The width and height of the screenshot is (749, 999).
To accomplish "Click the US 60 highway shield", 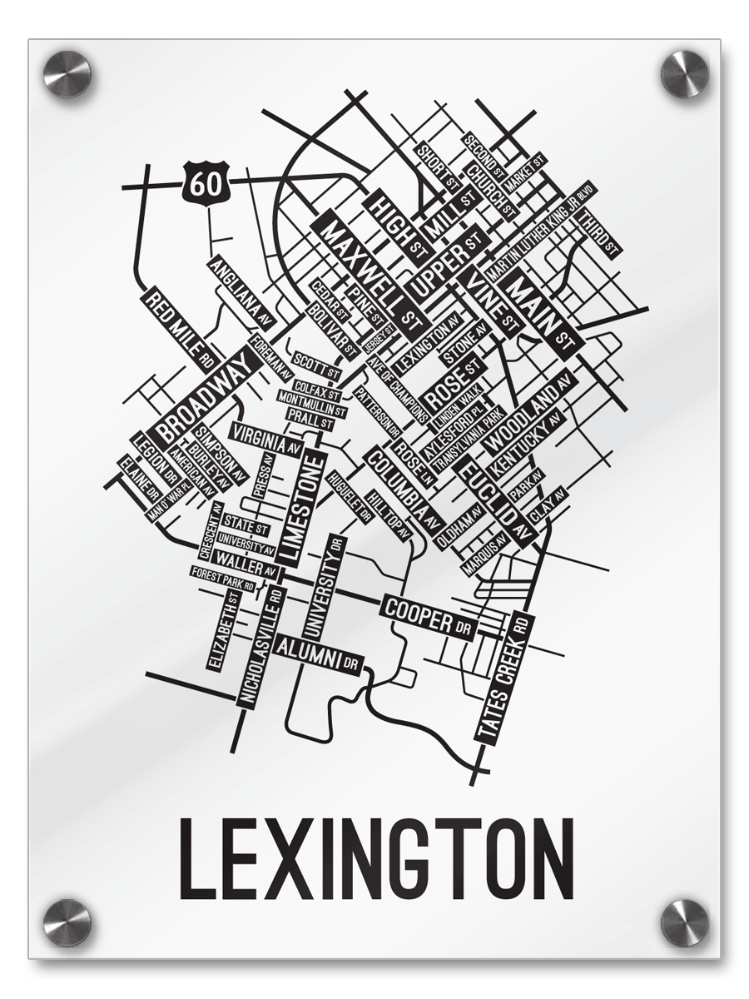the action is (x=201, y=181).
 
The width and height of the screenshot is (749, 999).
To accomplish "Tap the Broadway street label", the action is (x=205, y=395).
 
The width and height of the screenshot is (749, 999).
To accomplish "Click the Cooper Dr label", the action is (x=427, y=616).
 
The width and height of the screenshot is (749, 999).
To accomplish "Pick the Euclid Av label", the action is (x=497, y=504).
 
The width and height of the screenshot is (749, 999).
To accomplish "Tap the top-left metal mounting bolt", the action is (x=67, y=72).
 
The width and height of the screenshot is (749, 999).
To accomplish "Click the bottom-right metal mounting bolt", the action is (x=684, y=922).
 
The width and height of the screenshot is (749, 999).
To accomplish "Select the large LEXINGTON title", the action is (x=376, y=857).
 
